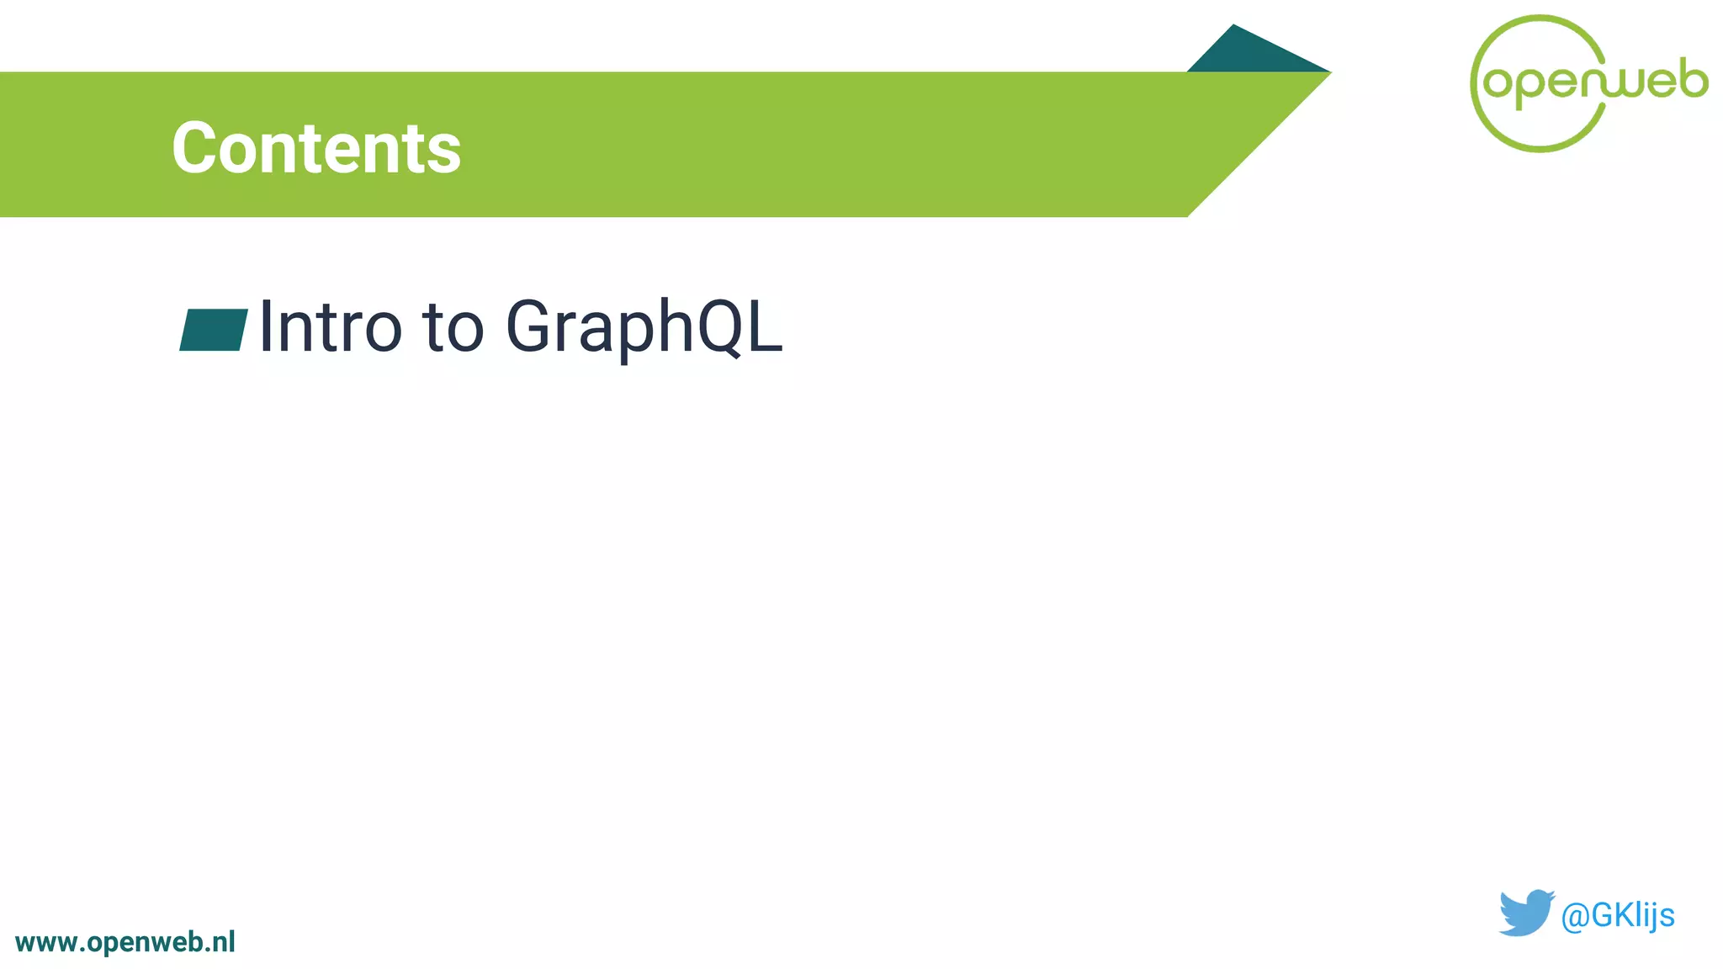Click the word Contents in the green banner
[316, 148]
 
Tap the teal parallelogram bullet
[214, 330]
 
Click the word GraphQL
[644, 328]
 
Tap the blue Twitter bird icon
[1525, 913]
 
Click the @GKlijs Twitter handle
[1617, 915]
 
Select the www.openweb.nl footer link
[125, 942]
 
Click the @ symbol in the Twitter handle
[1575, 916]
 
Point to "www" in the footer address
[47, 943]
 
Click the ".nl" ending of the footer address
[220, 942]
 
